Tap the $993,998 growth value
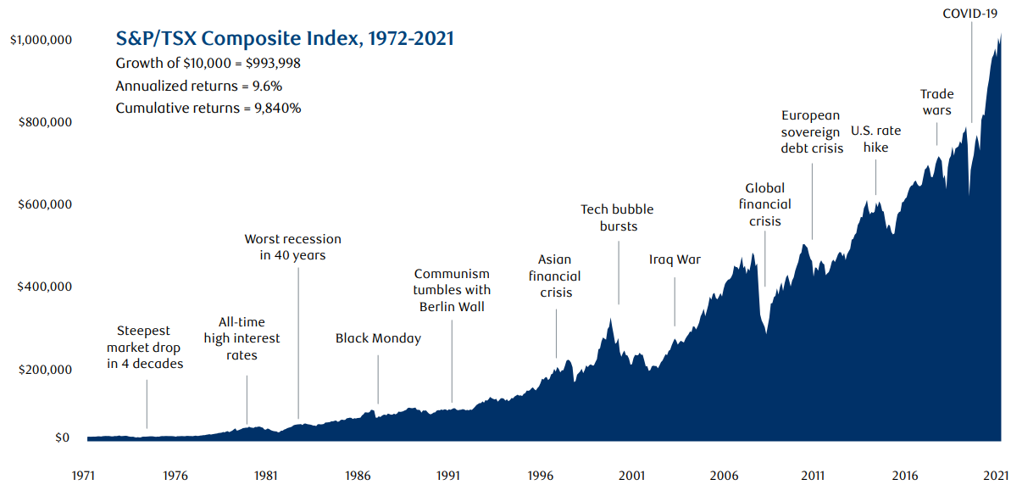[267, 63]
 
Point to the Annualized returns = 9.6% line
[199, 85]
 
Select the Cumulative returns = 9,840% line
[208, 108]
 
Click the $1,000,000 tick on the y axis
[41, 40]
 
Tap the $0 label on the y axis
[62, 438]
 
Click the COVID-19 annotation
[971, 13]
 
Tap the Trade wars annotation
[936, 102]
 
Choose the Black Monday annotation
[378, 338]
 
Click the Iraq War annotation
[675, 259]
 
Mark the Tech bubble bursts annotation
[617, 218]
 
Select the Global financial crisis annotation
[764, 204]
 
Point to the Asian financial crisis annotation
[555, 276]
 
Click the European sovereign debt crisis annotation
[812, 131]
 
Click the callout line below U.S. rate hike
[875, 173]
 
